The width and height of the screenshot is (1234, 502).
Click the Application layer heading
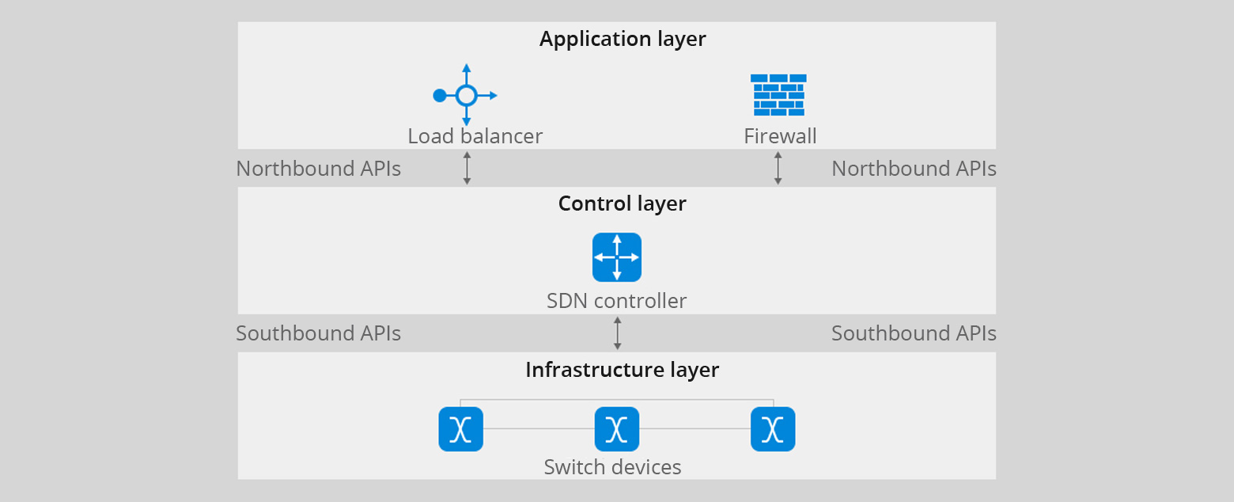pos(623,39)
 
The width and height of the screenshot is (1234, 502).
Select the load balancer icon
pos(466,95)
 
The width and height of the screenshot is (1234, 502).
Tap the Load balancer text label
pos(475,136)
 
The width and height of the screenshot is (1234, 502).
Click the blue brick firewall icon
pos(778,95)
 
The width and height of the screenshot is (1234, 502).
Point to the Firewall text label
pos(780,136)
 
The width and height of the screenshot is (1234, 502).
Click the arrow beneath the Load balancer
pos(467,168)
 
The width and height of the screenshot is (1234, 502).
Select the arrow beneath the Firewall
pos(778,168)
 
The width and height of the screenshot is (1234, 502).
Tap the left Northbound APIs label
pos(318,169)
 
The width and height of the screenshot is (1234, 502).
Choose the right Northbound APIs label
pos(914,169)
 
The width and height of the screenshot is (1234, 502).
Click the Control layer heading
pos(622,203)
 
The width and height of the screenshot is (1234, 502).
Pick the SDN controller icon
pos(617,257)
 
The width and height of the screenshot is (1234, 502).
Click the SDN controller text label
pos(616,301)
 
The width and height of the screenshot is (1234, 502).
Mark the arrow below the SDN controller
pos(617,333)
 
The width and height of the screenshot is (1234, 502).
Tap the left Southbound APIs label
pos(318,333)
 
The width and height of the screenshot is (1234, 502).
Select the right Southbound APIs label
pos(914,333)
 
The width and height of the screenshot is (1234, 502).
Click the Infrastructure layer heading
pos(622,370)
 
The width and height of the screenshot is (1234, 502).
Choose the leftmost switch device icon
pos(460,429)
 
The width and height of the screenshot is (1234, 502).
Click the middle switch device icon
pos(616,429)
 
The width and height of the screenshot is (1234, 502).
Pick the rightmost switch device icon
pos(772,429)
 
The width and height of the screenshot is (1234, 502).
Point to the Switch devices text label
pos(612,467)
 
